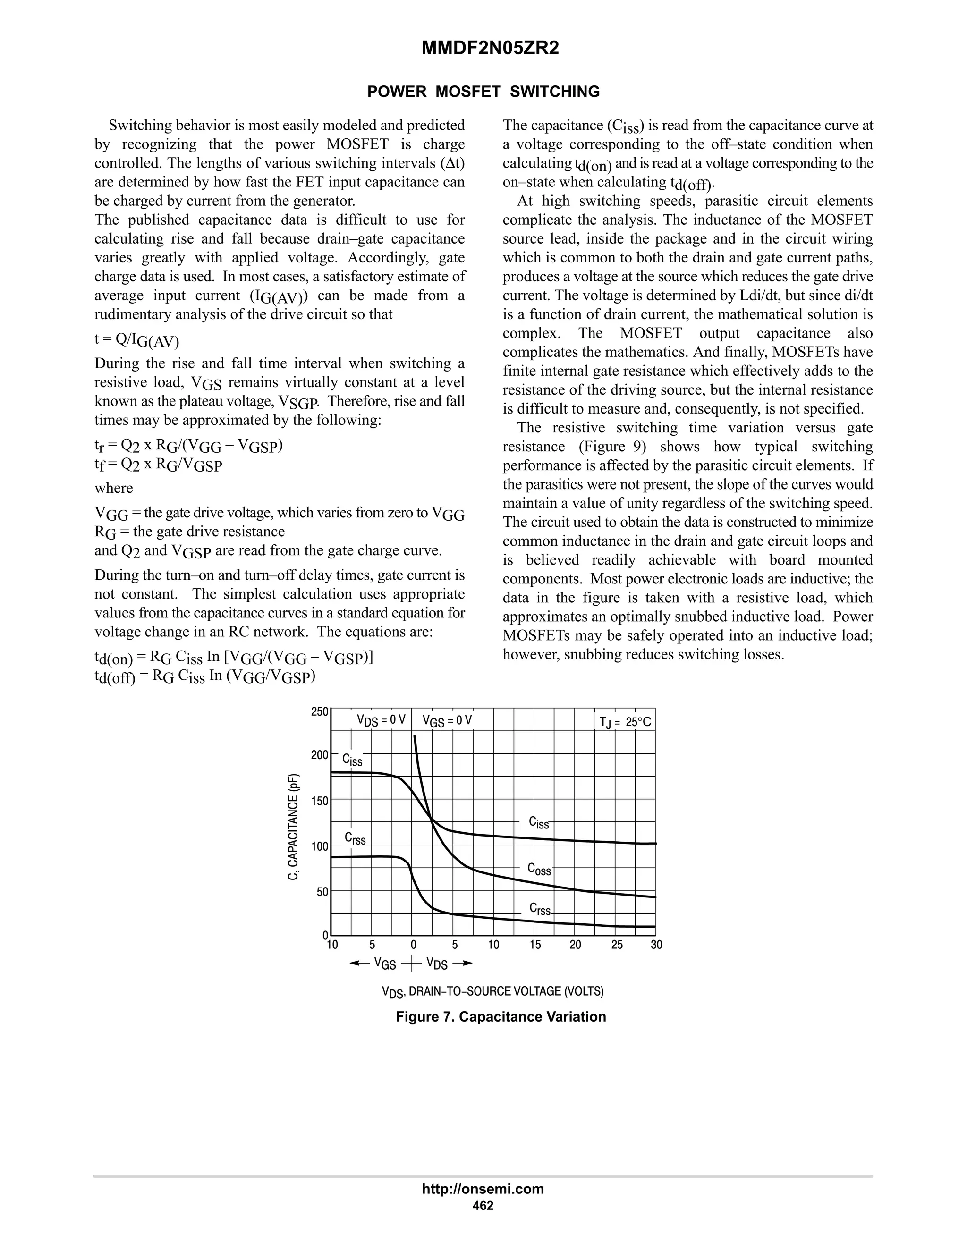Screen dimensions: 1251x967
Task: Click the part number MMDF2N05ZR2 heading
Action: (x=490, y=49)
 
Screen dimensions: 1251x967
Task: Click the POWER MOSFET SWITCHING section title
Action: (x=483, y=92)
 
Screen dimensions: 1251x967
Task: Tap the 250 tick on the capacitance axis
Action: (x=320, y=712)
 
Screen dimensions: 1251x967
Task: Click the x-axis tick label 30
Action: (x=656, y=945)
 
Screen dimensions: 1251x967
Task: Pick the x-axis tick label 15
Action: (x=534, y=945)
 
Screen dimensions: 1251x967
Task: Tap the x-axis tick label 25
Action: (x=616, y=945)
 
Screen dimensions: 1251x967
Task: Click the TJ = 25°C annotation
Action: (x=625, y=722)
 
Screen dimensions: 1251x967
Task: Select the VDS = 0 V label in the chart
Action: (x=381, y=720)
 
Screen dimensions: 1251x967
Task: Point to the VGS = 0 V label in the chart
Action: (x=447, y=720)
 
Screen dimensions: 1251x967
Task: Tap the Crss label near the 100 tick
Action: (x=355, y=838)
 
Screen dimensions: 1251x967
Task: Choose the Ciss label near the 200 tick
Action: (x=352, y=760)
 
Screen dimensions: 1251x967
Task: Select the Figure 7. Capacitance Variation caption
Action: (x=500, y=1017)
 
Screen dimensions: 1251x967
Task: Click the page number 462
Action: (x=483, y=1206)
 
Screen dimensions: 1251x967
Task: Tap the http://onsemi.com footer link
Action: (x=483, y=1189)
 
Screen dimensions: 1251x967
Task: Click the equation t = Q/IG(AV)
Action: (x=136, y=340)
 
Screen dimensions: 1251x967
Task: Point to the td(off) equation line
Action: (x=204, y=677)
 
